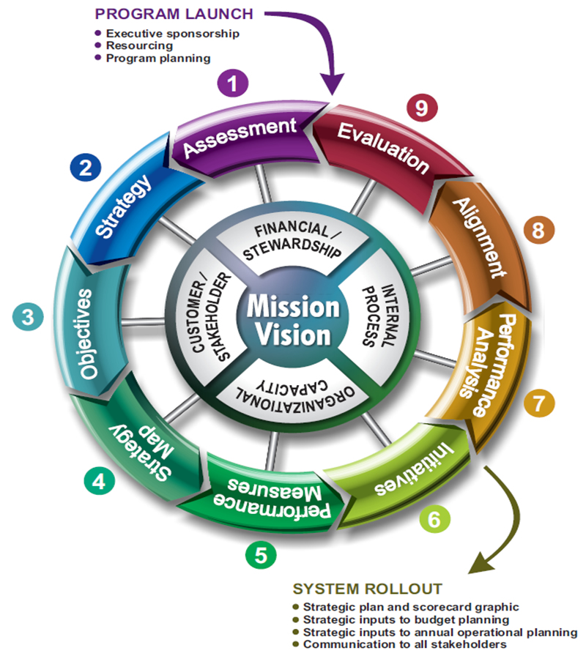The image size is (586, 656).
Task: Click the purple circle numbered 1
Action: pos(233,83)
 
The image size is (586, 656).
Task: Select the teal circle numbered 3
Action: pos(28,317)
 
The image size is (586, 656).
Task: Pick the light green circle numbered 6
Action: pos(434,519)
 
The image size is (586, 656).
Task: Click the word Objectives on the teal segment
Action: pos(87,333)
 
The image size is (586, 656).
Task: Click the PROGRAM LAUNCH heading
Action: pos(174,15)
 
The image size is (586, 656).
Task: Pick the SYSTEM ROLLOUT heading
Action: pos(367,589)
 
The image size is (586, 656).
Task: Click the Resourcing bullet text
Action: pos(140,45)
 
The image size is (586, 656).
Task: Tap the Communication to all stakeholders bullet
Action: pos(404,644)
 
